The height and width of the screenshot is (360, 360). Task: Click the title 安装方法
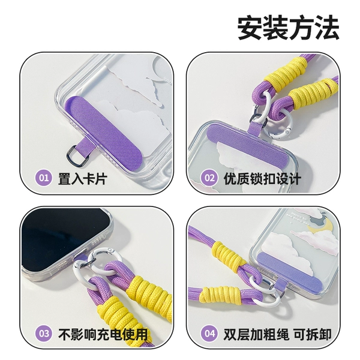pyautogui.click(x=288, y=28)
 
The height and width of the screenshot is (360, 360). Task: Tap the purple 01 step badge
pyautogui.click(x=43, y=178)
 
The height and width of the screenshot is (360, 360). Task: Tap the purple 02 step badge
pyautogui.click(x=209, y=178)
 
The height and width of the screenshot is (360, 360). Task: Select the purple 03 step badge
pyautogui.click(x=43, y=334)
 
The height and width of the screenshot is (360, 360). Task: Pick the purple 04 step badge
pyautogui.click(x=209, y=334)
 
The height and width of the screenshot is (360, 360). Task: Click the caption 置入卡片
pyautogui.click(x=82, y=178)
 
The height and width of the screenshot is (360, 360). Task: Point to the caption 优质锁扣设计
pyautogui.click(x=262, y=178)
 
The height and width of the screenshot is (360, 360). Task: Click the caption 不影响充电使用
pyautogui.click(x=103, y=334)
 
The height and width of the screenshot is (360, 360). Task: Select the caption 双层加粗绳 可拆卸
pyautogui.click(x=277, y=334)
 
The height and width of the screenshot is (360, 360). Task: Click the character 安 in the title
pyautogui.click(x=250, y=28)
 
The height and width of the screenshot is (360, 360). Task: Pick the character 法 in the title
pyautogui.click(x=326, y=28)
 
